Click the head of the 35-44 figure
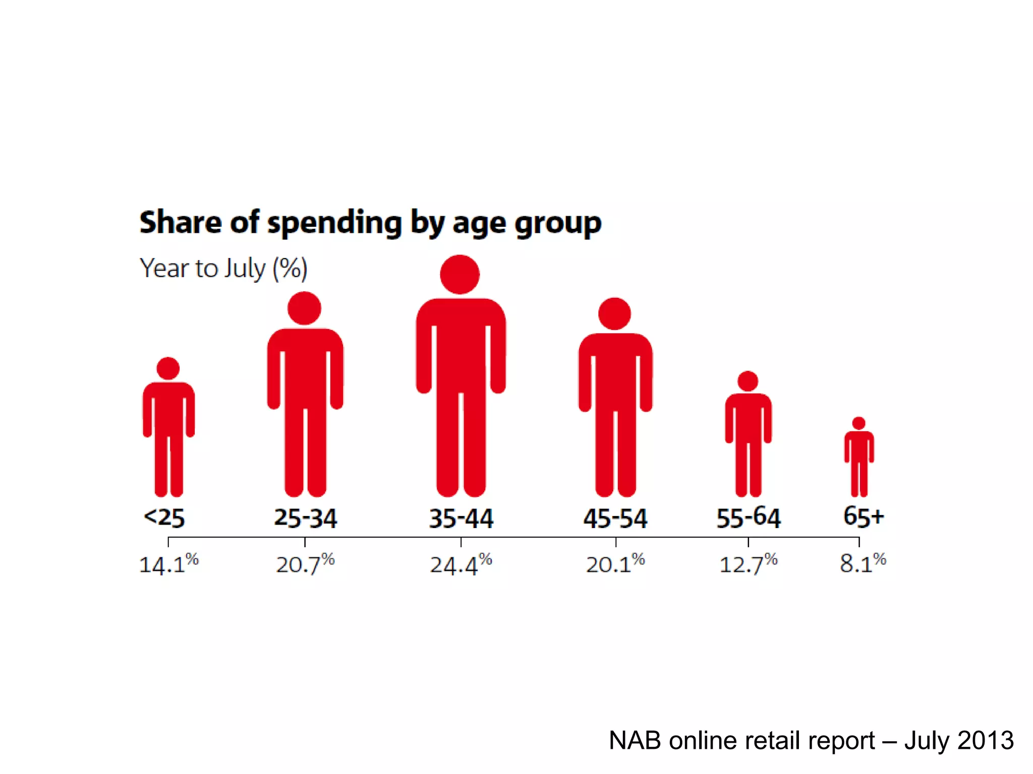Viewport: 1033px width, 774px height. [x=460, y=275]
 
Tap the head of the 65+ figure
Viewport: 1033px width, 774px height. [x=859, y=423]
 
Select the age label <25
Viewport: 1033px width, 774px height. [x=164, y=518]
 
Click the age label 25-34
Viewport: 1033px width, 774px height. [x=305, y=518]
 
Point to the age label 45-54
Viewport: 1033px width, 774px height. [x=615, y=518]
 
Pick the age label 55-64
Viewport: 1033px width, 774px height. [x=749, y=518]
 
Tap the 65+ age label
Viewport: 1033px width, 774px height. [x=864, y=517]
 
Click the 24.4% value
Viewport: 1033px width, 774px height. [x=461, y=564]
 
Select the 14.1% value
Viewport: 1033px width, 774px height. [x=168, y=564]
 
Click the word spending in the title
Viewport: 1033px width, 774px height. [x=334, y=223]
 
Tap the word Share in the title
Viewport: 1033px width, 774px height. [x=180, y=222]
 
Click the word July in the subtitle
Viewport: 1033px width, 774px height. [x=245, y=269]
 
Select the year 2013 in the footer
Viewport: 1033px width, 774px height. [x=985, y=741]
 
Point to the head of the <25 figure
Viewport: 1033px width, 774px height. [x=168, y=368]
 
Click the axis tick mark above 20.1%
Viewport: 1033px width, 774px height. [x=615, y=542]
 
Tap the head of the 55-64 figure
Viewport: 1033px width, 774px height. [x=748, y=381]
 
